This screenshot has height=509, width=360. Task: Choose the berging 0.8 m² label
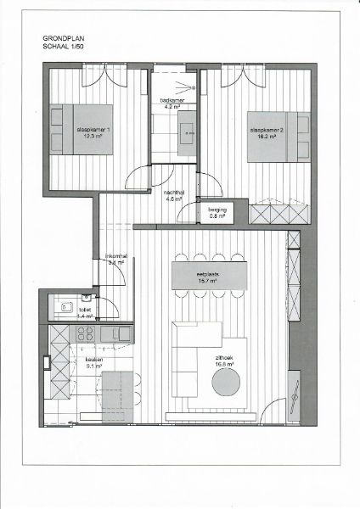coord(217,212)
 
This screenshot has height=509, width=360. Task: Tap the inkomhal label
coord(115,258)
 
